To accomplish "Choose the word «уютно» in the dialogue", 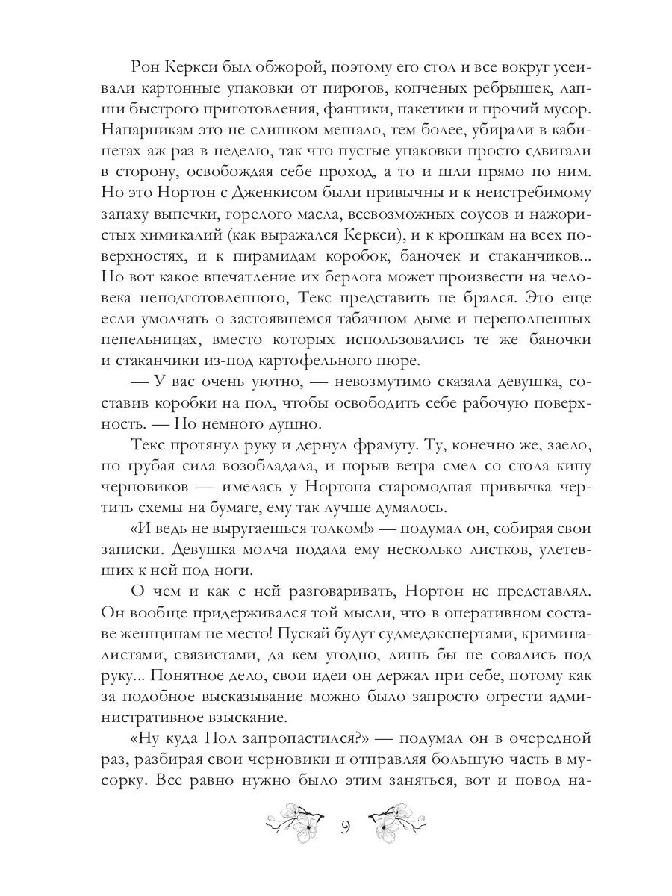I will click(x=292, y=382).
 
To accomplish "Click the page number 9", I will click(x=346, y=827).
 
